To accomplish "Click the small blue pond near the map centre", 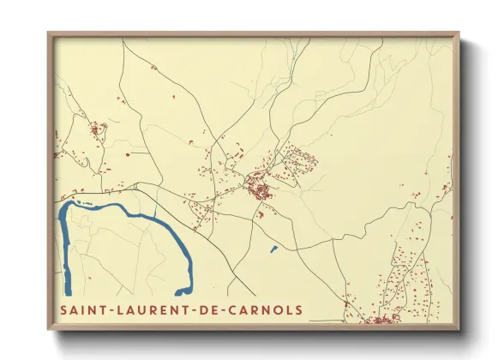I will tap(273, 249).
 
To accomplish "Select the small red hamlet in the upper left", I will tap(96, 130).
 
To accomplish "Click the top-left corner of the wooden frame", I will tap(48, 33).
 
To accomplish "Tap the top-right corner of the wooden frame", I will tap(459, 33).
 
